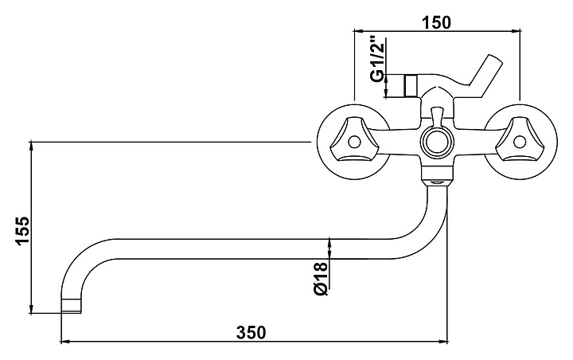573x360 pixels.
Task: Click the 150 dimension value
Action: pos(437,22)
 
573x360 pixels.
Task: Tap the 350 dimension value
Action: pos(251,333)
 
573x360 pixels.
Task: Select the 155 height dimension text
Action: pos(21,231)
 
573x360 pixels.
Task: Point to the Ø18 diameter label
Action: pos(321,279)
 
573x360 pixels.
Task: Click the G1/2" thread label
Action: pos(377,58)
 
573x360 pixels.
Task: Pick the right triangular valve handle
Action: pos(518,139)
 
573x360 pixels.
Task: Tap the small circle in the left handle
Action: pos(354,142)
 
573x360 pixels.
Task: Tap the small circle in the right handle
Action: pos(519,142)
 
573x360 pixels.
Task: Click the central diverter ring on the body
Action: pos(437,142)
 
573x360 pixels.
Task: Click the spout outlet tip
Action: pos(71,306)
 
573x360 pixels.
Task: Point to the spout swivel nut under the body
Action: pos(437,175)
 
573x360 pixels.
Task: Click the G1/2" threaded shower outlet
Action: pos(411,86)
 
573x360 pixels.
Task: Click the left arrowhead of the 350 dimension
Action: pos(65,342)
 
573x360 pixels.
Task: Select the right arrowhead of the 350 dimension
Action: pos(443,342)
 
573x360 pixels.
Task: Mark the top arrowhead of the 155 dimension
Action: pos(32,146)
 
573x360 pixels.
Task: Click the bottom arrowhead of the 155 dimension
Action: pos(32,308)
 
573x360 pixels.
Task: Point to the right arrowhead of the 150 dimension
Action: pos(515,31)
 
